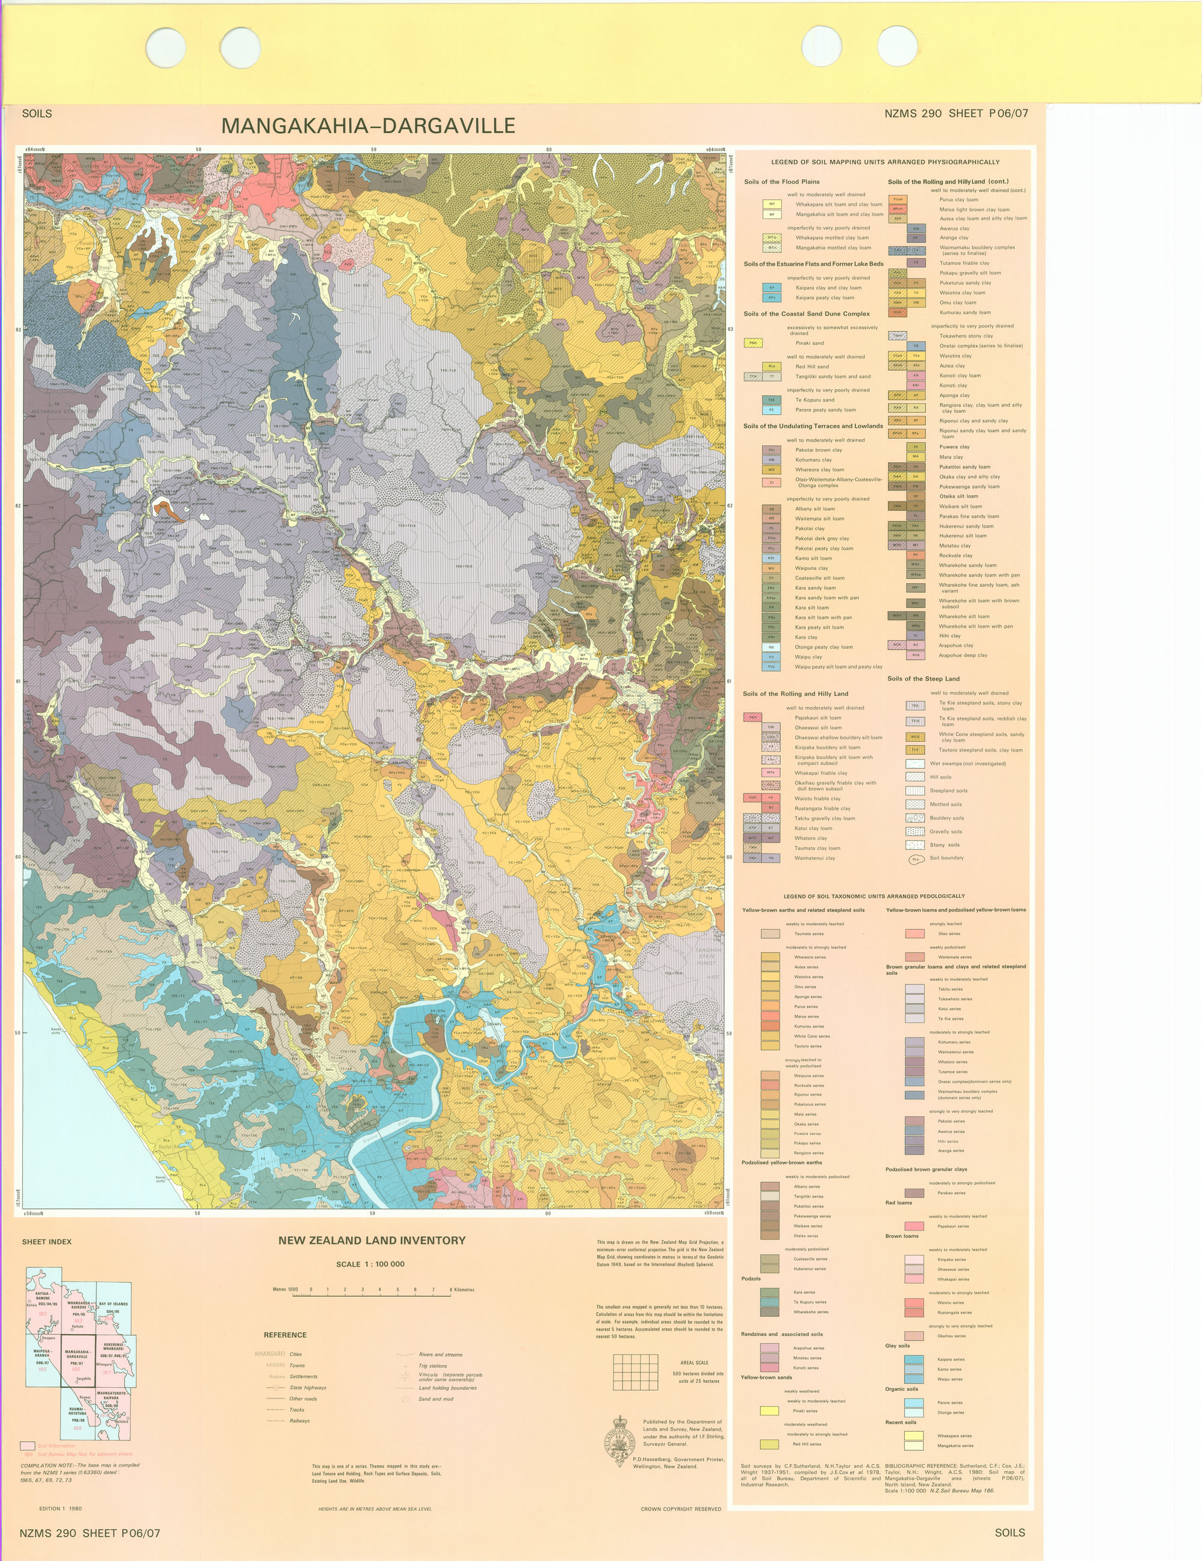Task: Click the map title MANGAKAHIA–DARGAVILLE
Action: pyautogui.click(x=368, y=126)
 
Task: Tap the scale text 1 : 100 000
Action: pyautogui.click(x=370, y=1264)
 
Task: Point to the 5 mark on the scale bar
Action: pyautogui.click(x=397, y=1290)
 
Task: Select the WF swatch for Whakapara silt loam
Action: pyautogui.click(x=771, y=205)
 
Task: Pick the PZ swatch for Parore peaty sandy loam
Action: pyautogui.click(x=771, y=410)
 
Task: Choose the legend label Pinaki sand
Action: pyautogui.click(x=809, y=343)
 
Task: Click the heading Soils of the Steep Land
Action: pyautogui.click(x=923, y=679)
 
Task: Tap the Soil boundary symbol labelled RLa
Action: pyautogui.click(x=916, y=859)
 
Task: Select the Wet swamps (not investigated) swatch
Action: pyautogui.click(x=916, y=763)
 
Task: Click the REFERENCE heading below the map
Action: pyautogui.click(x=285, y=1335)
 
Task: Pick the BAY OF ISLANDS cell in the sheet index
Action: pyautogui.click(x=114, y=1308)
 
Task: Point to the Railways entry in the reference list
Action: pyautogui.click(x=300, y=1421)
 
